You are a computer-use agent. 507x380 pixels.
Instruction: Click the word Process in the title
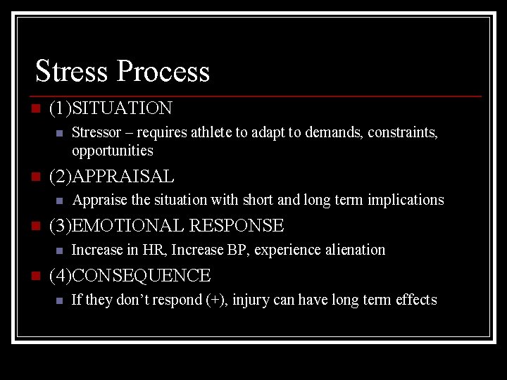[x=163, y=71]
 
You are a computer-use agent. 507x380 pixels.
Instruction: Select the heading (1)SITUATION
[x=111, y=108]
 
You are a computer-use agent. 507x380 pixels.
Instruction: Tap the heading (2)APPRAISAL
[x=111, y=176]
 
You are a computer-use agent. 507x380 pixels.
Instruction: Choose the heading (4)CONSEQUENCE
[x=130, y=276]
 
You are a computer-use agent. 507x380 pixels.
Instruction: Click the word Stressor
[x=95, y=132]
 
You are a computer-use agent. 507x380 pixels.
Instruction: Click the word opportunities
[x=112, y=151]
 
